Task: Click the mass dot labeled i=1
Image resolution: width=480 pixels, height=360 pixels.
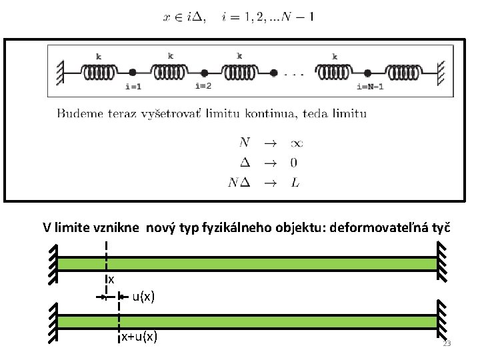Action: tap(133, 71)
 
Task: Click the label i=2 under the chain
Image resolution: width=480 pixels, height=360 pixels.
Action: tap(203, 85)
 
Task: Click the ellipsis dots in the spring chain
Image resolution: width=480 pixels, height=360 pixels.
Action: tap(293, 73)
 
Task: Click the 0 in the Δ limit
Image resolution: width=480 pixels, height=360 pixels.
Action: tap(294, 162)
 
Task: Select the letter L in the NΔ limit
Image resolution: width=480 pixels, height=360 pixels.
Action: tap(295, 183)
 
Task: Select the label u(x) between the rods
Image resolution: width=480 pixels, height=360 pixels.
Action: tap(143, 297)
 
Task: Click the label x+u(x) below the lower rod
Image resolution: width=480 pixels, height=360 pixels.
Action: tap(139, 337)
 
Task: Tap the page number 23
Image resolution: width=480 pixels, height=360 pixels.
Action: tap(447, 344)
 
